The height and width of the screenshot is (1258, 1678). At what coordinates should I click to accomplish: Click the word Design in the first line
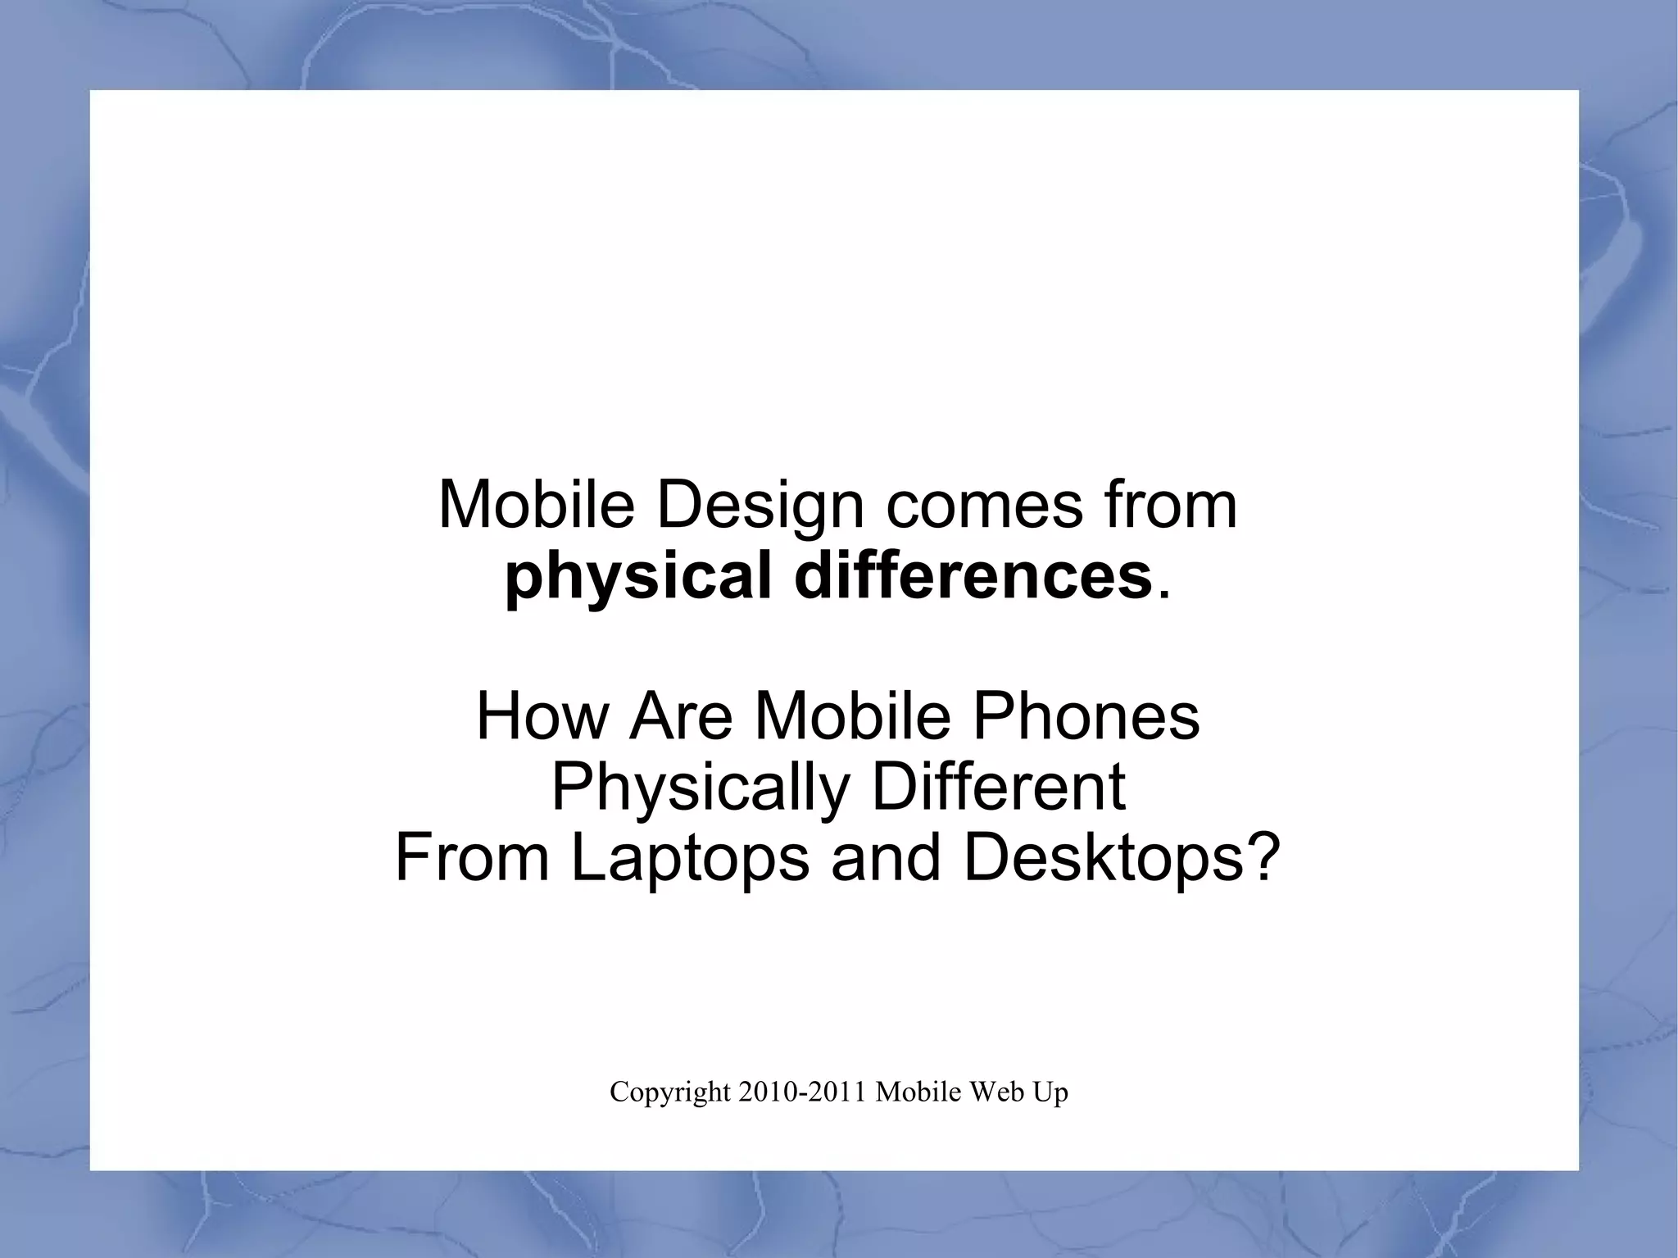click(760, 506)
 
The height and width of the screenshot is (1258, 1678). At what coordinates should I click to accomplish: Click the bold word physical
click(638, 577)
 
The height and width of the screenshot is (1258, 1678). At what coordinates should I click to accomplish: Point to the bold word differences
click(973, 577)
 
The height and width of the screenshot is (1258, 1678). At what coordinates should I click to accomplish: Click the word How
click(542, 716)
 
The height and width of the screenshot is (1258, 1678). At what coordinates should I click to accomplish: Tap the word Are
click(681, 716)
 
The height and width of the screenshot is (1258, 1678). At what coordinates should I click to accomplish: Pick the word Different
click(998, 788)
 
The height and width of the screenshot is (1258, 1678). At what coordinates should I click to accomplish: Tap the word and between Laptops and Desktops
click(886, 859)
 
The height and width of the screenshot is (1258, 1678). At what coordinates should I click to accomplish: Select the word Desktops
click(1104, 859)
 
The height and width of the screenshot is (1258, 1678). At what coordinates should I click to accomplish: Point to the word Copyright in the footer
click(669, 1093)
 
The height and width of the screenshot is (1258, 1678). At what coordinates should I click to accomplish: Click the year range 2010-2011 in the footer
click(802, 1092)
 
